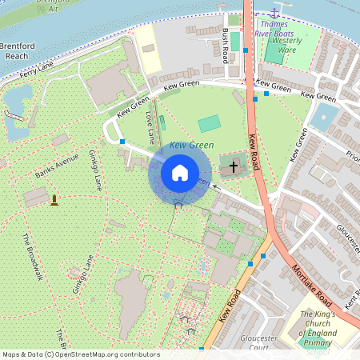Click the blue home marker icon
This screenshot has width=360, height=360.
[x=180, y=172]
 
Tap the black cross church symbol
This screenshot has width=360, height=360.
[x=234, y=166]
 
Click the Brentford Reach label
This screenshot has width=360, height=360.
[x=16, y=51]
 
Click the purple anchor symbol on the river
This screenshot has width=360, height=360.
[x=274, y=14]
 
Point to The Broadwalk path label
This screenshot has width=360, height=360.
[x=32, y=257]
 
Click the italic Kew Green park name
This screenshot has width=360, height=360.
[x=192, y=145]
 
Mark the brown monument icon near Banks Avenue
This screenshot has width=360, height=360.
[x=54, y=198]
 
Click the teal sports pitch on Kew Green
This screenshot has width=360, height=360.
[x=209, y=123]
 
